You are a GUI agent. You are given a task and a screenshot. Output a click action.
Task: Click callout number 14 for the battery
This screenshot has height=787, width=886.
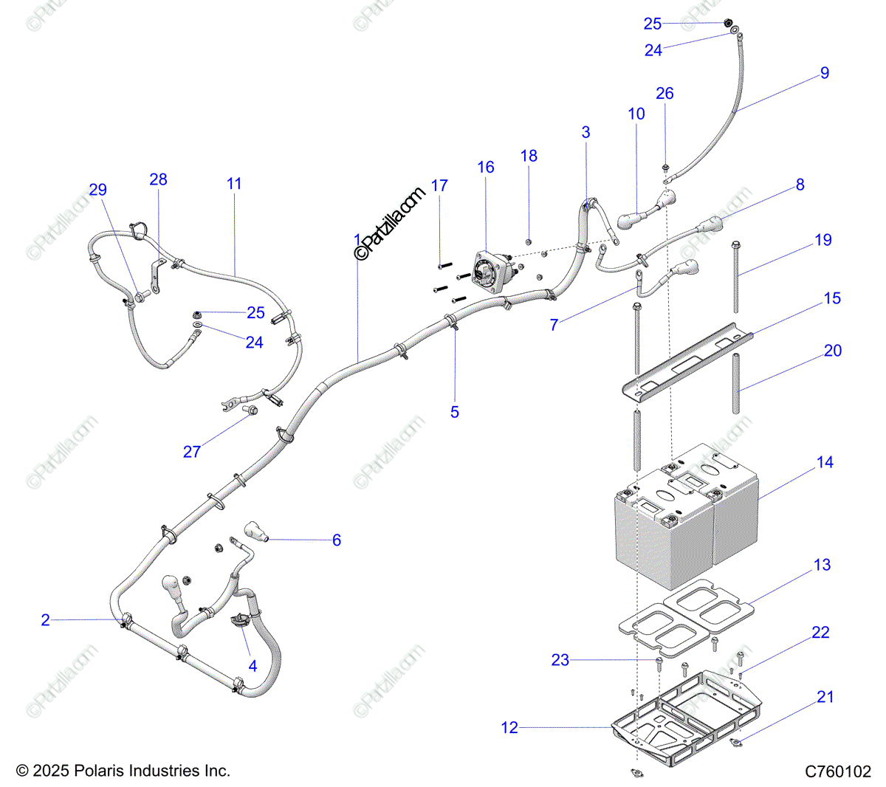pos(825,462)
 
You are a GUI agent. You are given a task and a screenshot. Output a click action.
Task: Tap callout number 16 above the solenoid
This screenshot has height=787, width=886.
pos(486,168)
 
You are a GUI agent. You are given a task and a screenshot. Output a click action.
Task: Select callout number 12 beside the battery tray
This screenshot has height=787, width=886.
pos(509,727)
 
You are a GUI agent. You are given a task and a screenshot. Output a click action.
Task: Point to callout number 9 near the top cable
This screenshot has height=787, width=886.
pos(825,73)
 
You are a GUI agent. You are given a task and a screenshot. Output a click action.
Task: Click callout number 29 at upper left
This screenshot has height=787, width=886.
pos(98,190)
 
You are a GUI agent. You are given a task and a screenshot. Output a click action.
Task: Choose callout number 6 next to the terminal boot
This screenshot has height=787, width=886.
pos(337,540)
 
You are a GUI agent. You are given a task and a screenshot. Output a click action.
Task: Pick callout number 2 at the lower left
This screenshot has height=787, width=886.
pos(46,620)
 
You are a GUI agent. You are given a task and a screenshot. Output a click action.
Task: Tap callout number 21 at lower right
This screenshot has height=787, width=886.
pos(825,697)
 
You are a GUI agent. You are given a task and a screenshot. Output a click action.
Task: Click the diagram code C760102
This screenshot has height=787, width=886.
pos(838,771)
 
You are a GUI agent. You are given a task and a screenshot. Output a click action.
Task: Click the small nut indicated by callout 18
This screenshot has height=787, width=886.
pos(529,241)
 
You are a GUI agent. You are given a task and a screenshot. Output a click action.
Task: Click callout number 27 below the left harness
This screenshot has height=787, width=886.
pos(192,451)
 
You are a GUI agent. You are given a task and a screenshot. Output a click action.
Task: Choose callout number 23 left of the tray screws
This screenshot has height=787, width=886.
pos(560,660)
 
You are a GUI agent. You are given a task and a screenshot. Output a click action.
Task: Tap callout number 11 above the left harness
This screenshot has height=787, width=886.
pos(234,184)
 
